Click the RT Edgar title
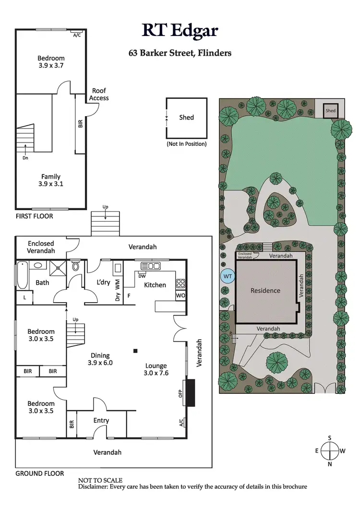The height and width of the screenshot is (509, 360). click(x=180, y=30)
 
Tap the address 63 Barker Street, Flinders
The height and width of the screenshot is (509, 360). click(x=180, y=53)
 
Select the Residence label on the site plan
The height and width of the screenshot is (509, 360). click(x=265, y=291)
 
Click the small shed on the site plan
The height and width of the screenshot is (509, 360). click(x=330, y=110)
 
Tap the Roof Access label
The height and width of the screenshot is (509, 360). click(x=99, y=95)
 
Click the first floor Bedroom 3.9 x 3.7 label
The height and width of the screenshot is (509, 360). click(x=51, y=62)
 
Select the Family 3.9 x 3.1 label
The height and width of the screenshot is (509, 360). click(x=51, y=180)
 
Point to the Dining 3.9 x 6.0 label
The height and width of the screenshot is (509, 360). click(x=100, y=359)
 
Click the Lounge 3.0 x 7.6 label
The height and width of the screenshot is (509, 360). click(x=156, y=369)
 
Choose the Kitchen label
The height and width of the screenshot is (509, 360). click(x=155, y=285)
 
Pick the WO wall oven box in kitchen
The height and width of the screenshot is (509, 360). click(x=180, y=296)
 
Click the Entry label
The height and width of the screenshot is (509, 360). click(x=101, y=421)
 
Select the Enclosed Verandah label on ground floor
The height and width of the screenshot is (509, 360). click(x=41, y=247)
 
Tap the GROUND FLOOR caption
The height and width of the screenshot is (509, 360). click(x=40, y=473)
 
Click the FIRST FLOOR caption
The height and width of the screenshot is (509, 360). click(x=34, y=216)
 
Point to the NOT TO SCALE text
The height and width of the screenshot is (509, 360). click(x=100, y=480)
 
